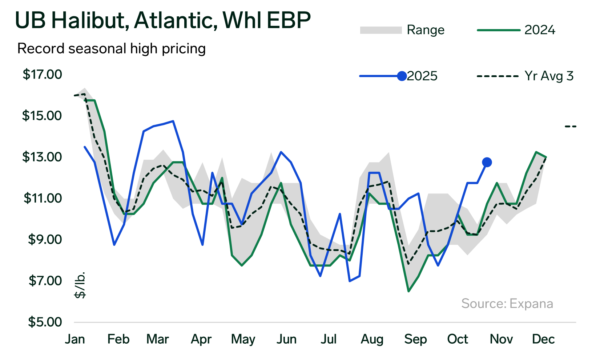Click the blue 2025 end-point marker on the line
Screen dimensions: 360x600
(487, 162)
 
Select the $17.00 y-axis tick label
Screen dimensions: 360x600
(42, 74)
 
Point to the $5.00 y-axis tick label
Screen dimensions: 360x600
(45, 322)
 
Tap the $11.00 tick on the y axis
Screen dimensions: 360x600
(43, 198)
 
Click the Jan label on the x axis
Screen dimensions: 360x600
(75, 339)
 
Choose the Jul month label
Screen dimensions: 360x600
(328, 339)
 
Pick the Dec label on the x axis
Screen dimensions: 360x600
(543, 339)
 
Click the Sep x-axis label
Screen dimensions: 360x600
(415, 339)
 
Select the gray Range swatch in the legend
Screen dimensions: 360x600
(380, 30)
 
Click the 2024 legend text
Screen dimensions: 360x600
(540, 30)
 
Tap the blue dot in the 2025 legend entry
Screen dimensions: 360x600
(402, 76)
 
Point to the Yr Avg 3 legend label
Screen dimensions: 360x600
(549, 76)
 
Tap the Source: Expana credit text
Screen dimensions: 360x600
(507, 304)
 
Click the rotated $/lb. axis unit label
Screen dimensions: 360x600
(80, 285)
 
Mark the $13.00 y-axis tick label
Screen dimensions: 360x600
(42, 157)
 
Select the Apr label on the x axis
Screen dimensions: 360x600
(201, 339)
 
